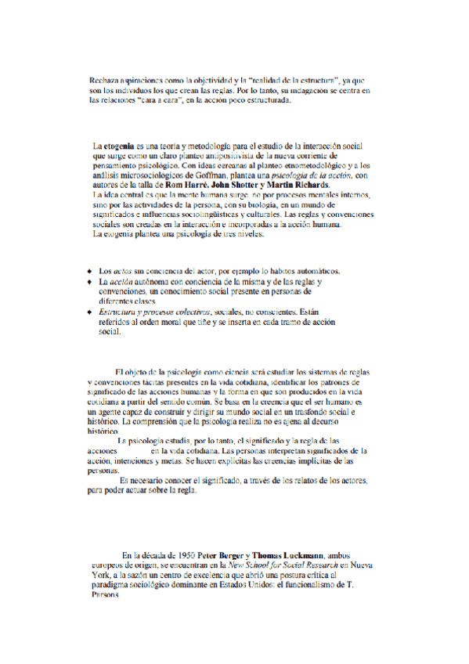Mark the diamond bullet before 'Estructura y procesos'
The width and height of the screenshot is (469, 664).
tap(90, 312)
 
